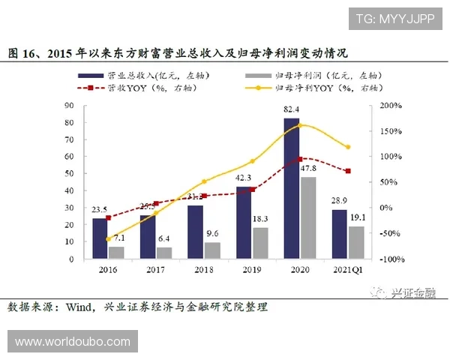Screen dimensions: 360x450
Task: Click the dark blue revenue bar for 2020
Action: click(x=291, y=187)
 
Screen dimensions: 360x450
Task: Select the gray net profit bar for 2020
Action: click(x=307, y=217)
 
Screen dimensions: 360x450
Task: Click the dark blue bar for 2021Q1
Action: click(x=339, y=233)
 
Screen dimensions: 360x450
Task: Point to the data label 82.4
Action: click(x=292, y=110)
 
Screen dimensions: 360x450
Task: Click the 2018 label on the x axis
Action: click(x=203, y=268)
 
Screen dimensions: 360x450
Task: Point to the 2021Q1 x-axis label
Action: click(x=348, y=268)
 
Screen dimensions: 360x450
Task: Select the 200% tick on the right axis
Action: click(x=391, y=106)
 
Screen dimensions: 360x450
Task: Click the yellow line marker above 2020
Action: click(x=300, y=124)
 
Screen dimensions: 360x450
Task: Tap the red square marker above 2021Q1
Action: click(x=347, y=171)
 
